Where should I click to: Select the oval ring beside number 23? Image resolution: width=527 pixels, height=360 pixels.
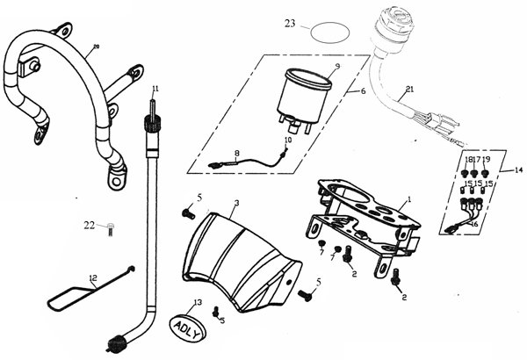tap(324, 31)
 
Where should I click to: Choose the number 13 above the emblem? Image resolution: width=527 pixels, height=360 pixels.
tap(198, 301)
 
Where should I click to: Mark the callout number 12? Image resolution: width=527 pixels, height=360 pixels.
tap(91, 279)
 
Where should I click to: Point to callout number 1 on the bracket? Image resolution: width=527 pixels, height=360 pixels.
tap(408, 200)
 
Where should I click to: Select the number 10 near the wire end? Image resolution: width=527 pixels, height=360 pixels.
tap(287, 140)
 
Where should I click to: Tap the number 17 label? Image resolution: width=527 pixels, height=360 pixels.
tap(475, 159)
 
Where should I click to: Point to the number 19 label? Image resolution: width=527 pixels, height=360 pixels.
tap(486, 159)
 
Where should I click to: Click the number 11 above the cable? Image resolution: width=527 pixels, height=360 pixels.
tap(154, 89)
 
